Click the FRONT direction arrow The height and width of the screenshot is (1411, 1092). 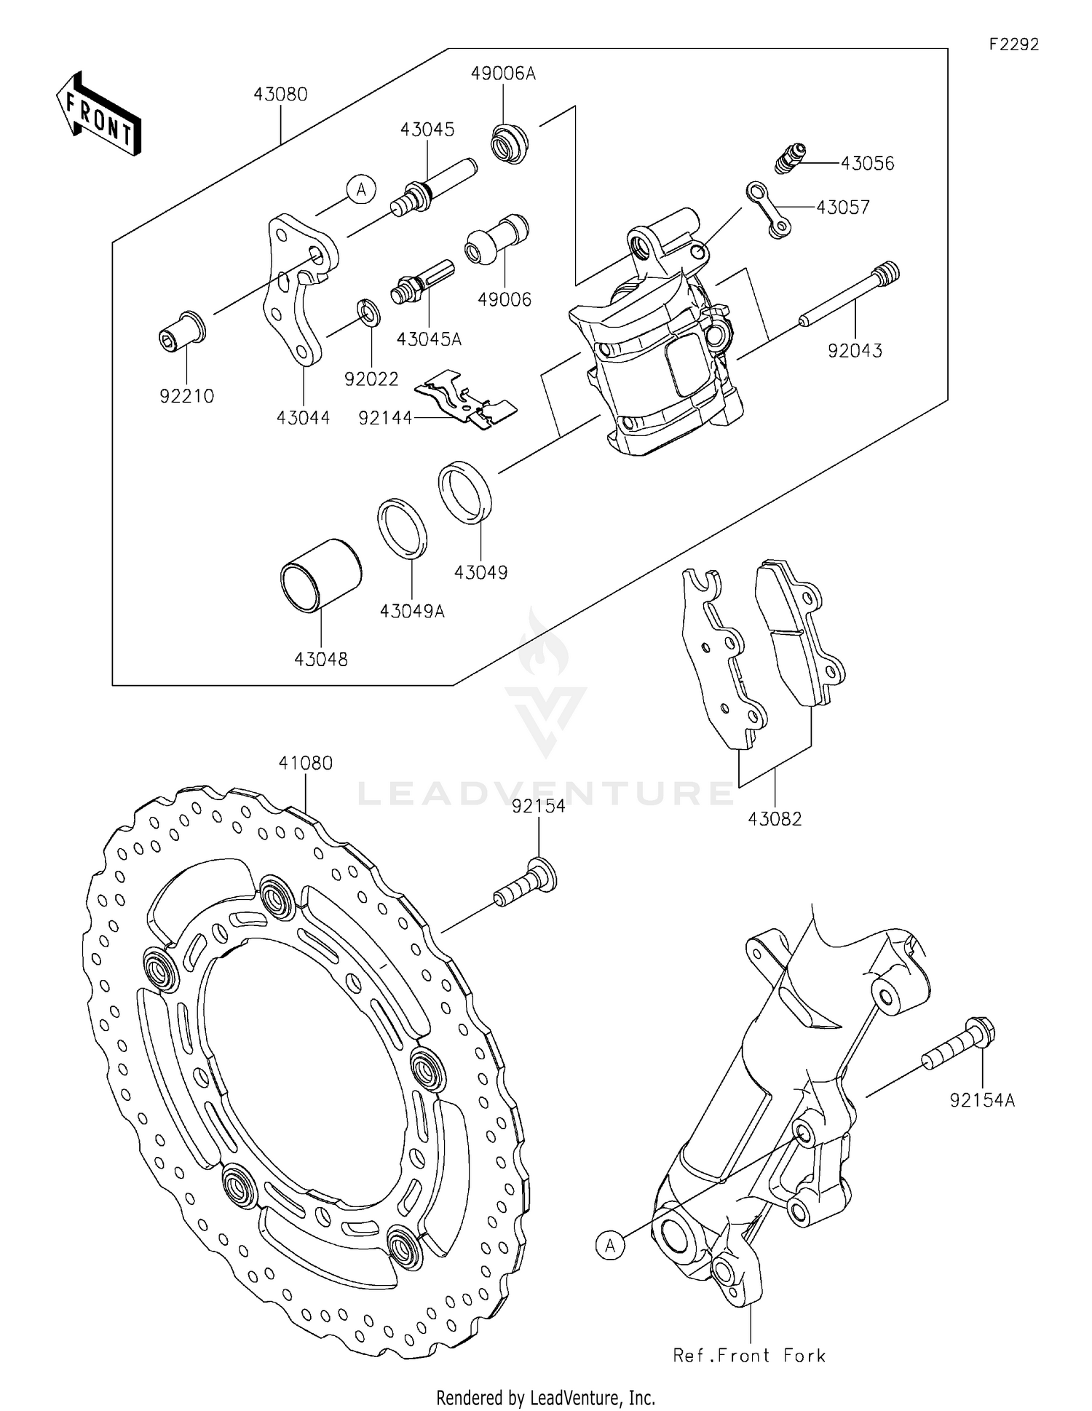[x=98, y=114]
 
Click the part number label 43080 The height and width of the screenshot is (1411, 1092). [x=280, y=95]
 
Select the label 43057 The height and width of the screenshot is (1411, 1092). [x=842, y=208]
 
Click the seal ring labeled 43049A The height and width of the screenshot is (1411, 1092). [x=402, y=528]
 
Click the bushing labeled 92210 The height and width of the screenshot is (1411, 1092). [x=182, y=331]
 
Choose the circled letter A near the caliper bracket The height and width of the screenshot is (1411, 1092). [x=360, y=190]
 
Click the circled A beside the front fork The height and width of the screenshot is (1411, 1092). [x=610, y=1245]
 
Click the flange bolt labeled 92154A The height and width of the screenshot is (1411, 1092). [x=960, y=1045]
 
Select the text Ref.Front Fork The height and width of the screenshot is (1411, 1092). [x=749, y=1356]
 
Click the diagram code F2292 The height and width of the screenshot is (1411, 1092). [x=1013, y=44]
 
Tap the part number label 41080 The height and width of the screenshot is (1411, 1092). [x=305, y=763]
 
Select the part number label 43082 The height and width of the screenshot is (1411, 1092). [x=775, y=819]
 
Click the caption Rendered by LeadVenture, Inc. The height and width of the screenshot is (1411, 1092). [x=545, y=1397]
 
